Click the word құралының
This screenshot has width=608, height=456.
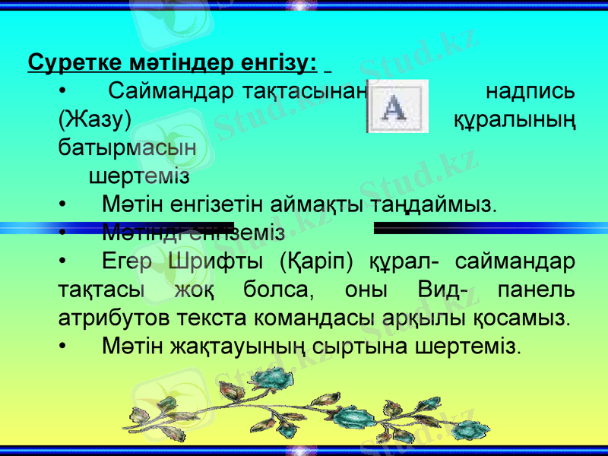coord(515,119)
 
